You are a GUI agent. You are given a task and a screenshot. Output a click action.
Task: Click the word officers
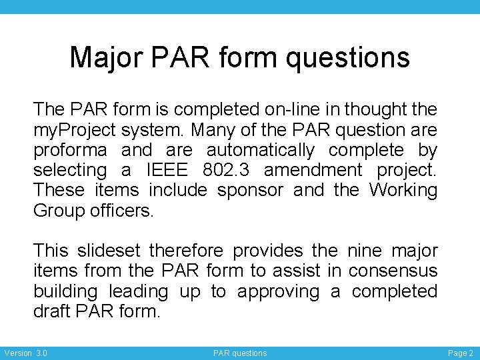[x=122, y=211]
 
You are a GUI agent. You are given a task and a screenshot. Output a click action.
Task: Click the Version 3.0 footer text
[x=25, y=353]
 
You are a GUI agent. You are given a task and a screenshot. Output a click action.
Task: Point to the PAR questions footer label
[x=240, y=353]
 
